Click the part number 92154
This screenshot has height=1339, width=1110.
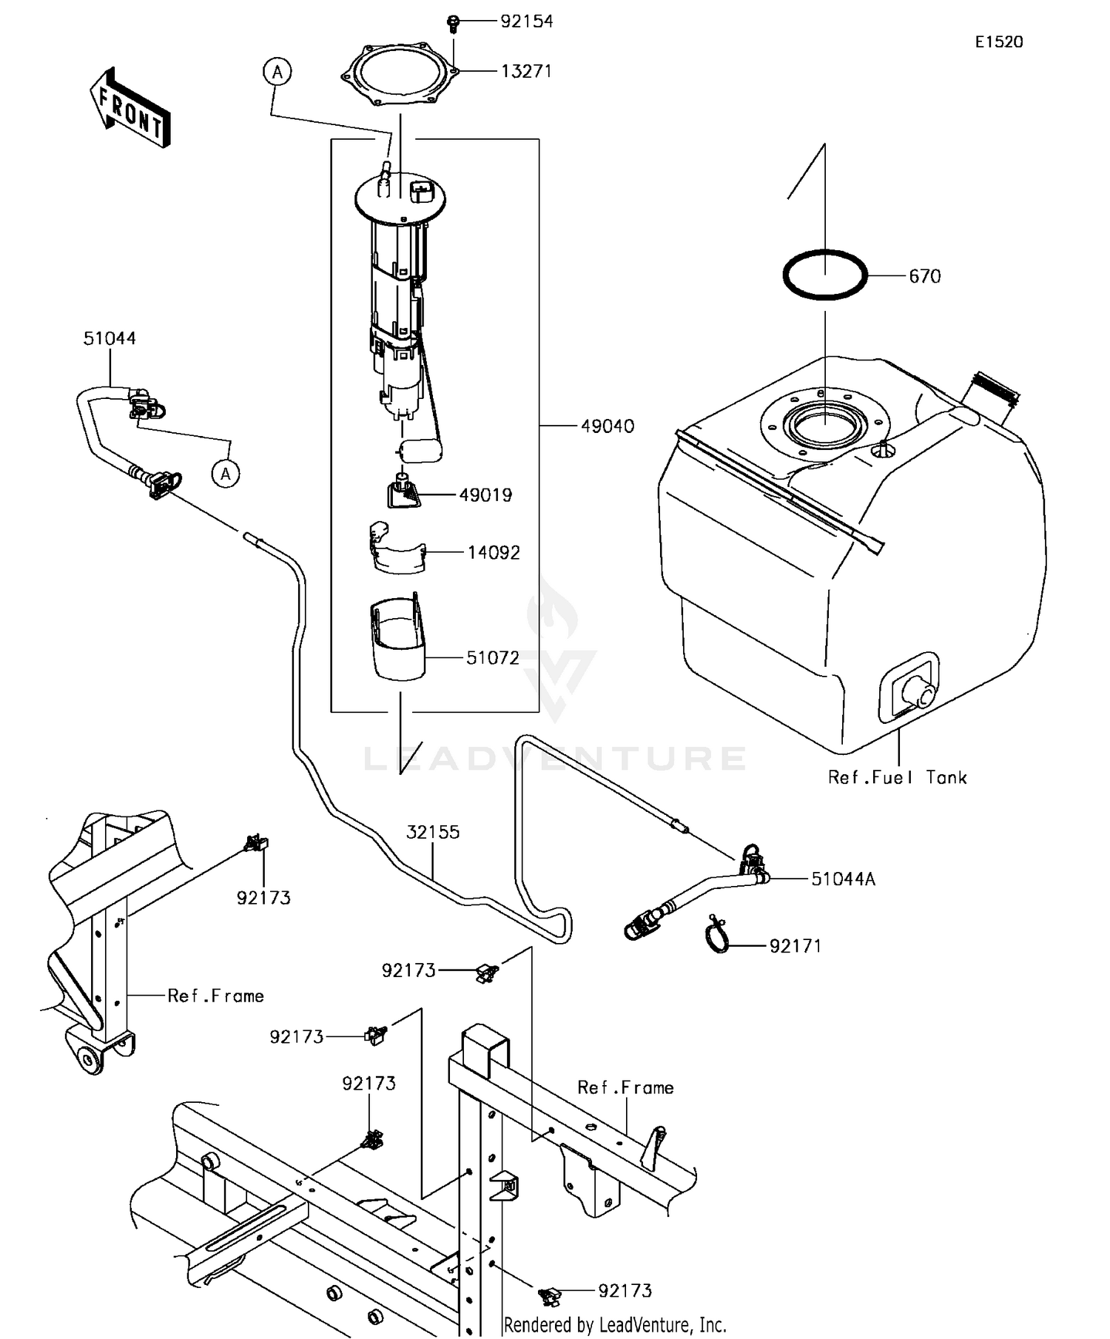(x=526, y=21)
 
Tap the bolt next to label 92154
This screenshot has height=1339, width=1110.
(x=454, y=24)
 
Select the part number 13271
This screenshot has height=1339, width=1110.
(x=526, y=71)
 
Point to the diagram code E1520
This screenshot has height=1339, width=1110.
(x=998, y=42)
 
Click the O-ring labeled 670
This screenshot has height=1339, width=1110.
(x=824, y=275)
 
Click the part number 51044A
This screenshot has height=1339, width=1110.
(x=843, y=879)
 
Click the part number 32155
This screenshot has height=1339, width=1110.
(x=433, y=832)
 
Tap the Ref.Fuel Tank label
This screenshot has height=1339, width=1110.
(x=897, y=777)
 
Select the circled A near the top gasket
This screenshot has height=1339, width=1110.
(x=277, y=72)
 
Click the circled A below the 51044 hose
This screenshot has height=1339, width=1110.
(x=226, y=473)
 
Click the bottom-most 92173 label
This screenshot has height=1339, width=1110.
(x=625, y=1291)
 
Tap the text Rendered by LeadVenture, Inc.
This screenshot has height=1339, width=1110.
(x=615, y=1324)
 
